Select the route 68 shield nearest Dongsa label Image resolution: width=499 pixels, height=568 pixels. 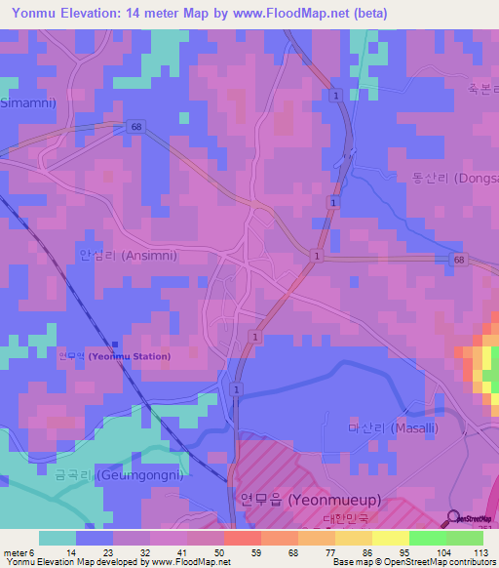pyautogui.click(x=458, y=259)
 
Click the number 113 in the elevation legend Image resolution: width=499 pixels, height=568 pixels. pyautogui.click(x=479, y=552)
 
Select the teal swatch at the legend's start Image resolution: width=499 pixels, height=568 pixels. pyautogui.click(x=58, y=538)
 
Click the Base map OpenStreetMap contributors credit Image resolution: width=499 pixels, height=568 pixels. pyautogui.click(x=414, y=563)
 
